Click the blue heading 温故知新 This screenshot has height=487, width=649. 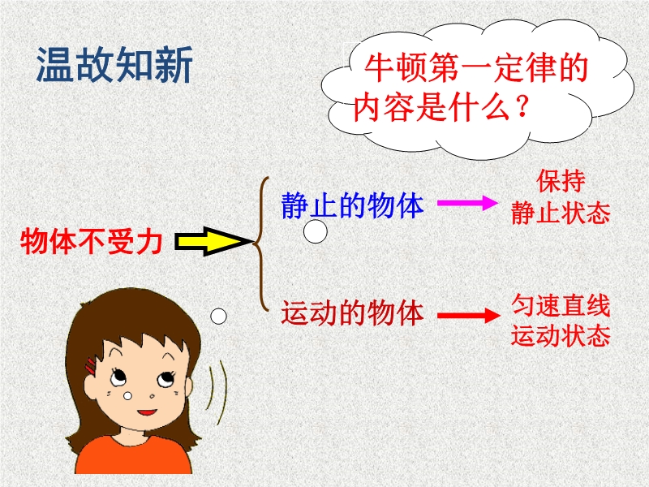[114, 65]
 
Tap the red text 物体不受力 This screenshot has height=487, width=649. [91, 241]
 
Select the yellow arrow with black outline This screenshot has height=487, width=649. [213, 241]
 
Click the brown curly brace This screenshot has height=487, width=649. [260, 243]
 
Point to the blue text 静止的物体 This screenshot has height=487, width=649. [353, 205]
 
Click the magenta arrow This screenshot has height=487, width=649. [468, 203]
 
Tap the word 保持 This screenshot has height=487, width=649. [561, 181]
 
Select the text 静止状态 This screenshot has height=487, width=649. [561, 213]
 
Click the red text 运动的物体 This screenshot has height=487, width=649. [353, 312]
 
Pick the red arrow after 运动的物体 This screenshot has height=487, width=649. [469, 315]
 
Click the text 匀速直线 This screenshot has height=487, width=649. [561, 306]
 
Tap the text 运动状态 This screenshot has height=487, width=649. [561, 335]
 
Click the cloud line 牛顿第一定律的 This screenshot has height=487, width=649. [476, 68]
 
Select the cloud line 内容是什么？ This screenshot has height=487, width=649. [441, 107]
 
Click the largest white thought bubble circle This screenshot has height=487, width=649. [316, 231]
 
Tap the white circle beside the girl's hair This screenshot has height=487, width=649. [218, 317]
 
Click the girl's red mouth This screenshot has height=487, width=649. [147, 412]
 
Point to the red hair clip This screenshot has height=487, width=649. [91, 367]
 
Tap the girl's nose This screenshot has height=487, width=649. [152, 396]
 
